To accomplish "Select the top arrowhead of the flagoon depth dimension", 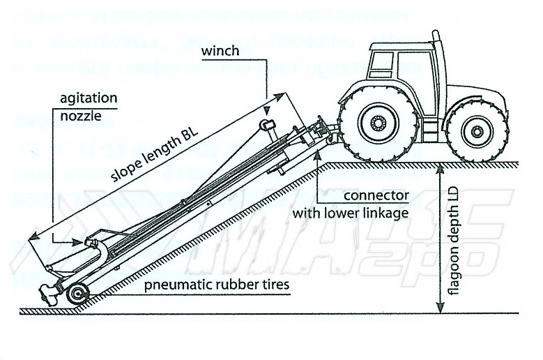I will click(436, 168).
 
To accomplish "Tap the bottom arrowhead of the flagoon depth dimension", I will click(436, 308).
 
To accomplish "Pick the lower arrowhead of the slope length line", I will click(31, 240).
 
